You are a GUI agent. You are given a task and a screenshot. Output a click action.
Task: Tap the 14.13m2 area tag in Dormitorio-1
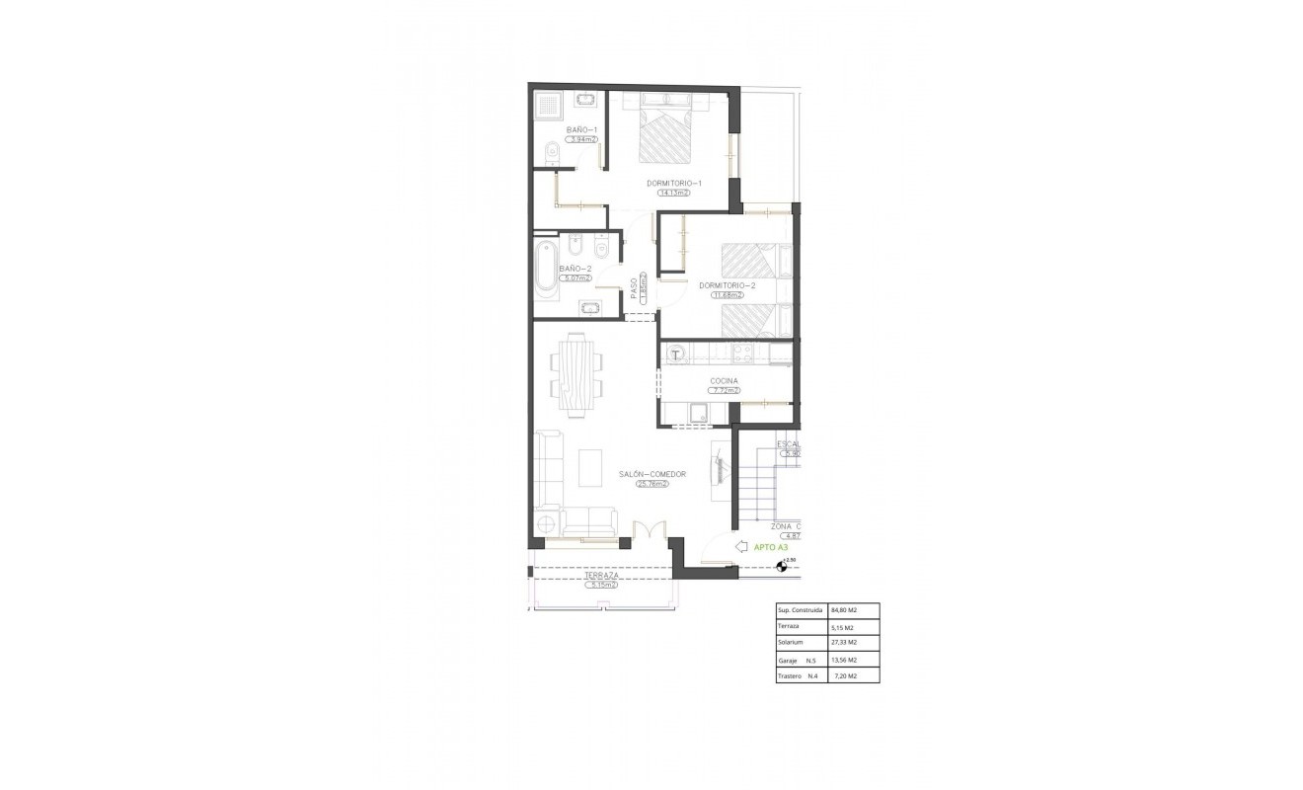pyautogui.click(x=674, y=193)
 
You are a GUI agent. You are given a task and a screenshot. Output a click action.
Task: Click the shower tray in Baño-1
pyautogui.click(x=547, y=104)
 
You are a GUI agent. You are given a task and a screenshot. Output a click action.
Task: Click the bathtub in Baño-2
pyautogui.click(x=547, y=266)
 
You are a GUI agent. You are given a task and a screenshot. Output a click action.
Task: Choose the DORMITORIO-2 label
pyautogui.click(x=727, y=285)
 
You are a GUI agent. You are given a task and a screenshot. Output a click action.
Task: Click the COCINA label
pyautogui.click(x=724, y=381)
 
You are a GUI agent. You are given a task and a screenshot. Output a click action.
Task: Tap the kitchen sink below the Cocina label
pyautogui.click(x=697, y=414)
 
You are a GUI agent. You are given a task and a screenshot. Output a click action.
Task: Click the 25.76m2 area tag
pyautogui.click(x=652, y=484)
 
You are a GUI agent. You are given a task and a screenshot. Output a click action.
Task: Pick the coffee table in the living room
pyautogui.click(x=590, y=469)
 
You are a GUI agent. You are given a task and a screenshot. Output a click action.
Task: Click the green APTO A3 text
pyautogui.click(x=770, y=546)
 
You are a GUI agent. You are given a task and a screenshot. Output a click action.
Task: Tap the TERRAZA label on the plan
pyautogui.click(x=601, y=575)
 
